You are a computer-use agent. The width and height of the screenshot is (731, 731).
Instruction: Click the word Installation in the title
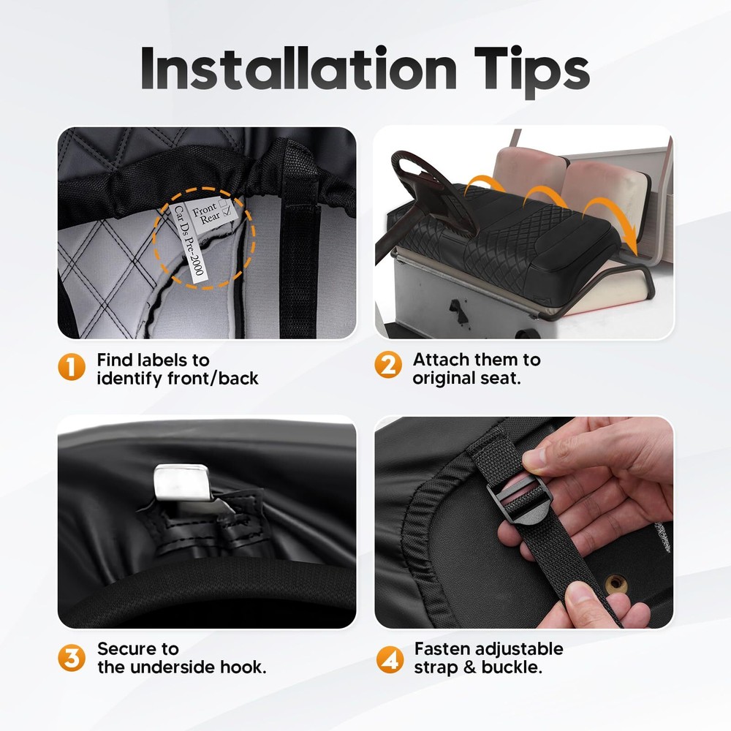coord(298,68)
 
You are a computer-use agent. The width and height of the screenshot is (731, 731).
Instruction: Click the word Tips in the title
coord(532,72)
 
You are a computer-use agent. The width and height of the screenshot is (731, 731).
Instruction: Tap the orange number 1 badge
coord(72,366)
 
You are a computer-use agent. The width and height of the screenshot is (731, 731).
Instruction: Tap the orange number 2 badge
coord(388,365)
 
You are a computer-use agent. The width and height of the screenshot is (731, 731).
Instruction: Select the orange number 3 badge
coord(72,658)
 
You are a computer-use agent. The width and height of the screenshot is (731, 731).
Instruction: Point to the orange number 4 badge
coord(390,659)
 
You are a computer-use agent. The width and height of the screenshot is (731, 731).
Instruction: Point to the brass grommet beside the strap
coord(616,583)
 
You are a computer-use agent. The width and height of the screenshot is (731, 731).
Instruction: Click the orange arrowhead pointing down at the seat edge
coord(631,243)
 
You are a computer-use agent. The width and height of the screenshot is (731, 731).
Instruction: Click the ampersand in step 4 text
coord(470,667)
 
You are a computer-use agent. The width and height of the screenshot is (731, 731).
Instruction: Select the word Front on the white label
coord(205,209)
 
